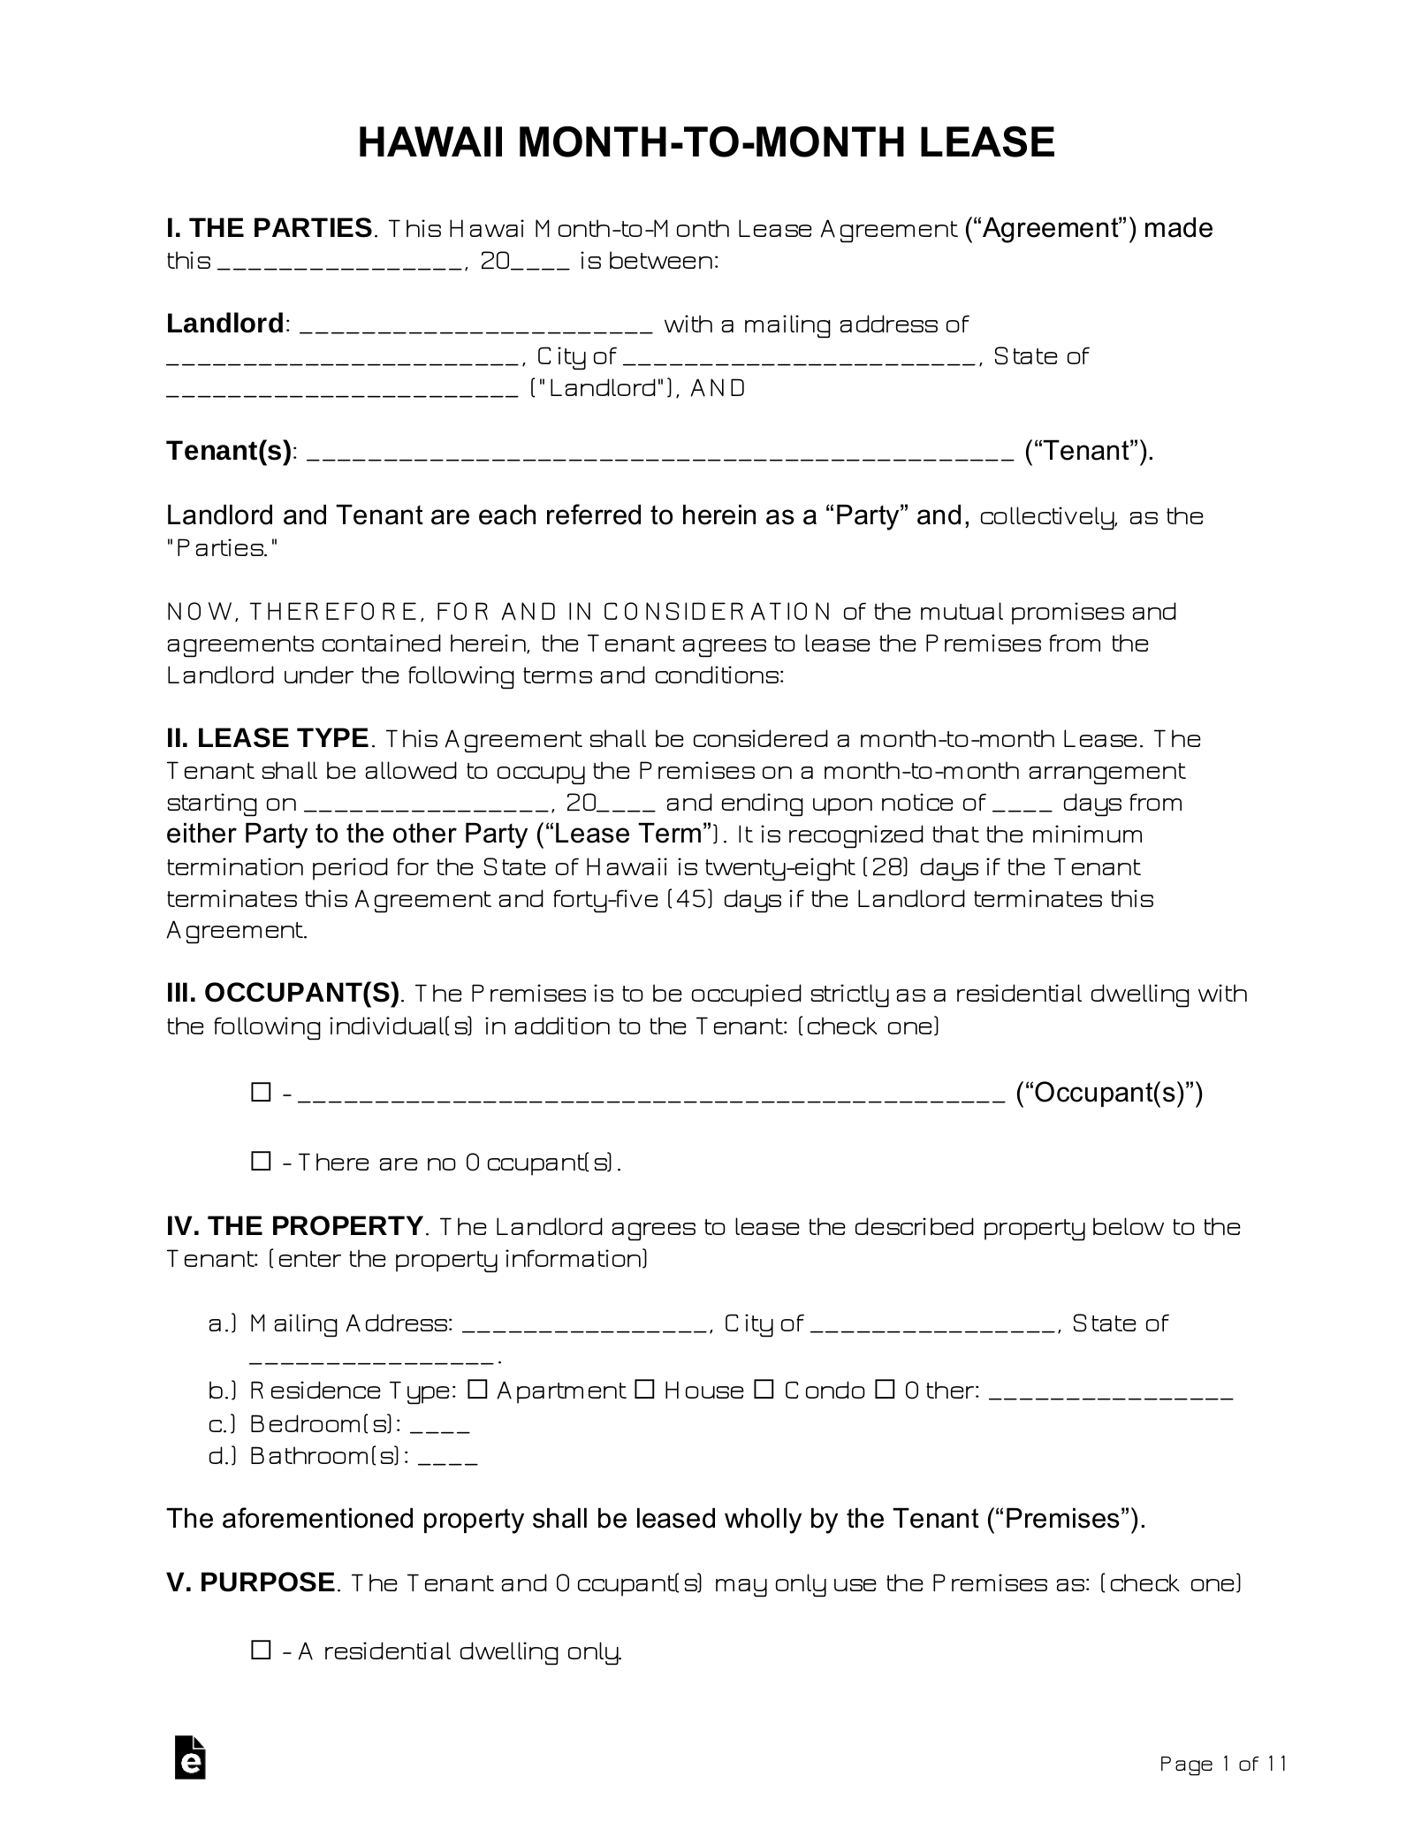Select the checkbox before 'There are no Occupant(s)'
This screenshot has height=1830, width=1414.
261,1161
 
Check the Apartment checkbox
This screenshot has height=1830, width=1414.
477,1390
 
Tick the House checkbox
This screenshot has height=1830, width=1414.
644,1390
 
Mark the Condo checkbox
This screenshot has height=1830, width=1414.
764,1390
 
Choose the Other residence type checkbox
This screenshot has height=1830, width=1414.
885,1390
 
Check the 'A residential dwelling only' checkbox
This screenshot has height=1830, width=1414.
261,1650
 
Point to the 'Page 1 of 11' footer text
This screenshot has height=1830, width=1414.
1222,1765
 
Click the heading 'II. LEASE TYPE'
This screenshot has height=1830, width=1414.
268,738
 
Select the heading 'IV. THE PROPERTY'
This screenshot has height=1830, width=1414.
294,1226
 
